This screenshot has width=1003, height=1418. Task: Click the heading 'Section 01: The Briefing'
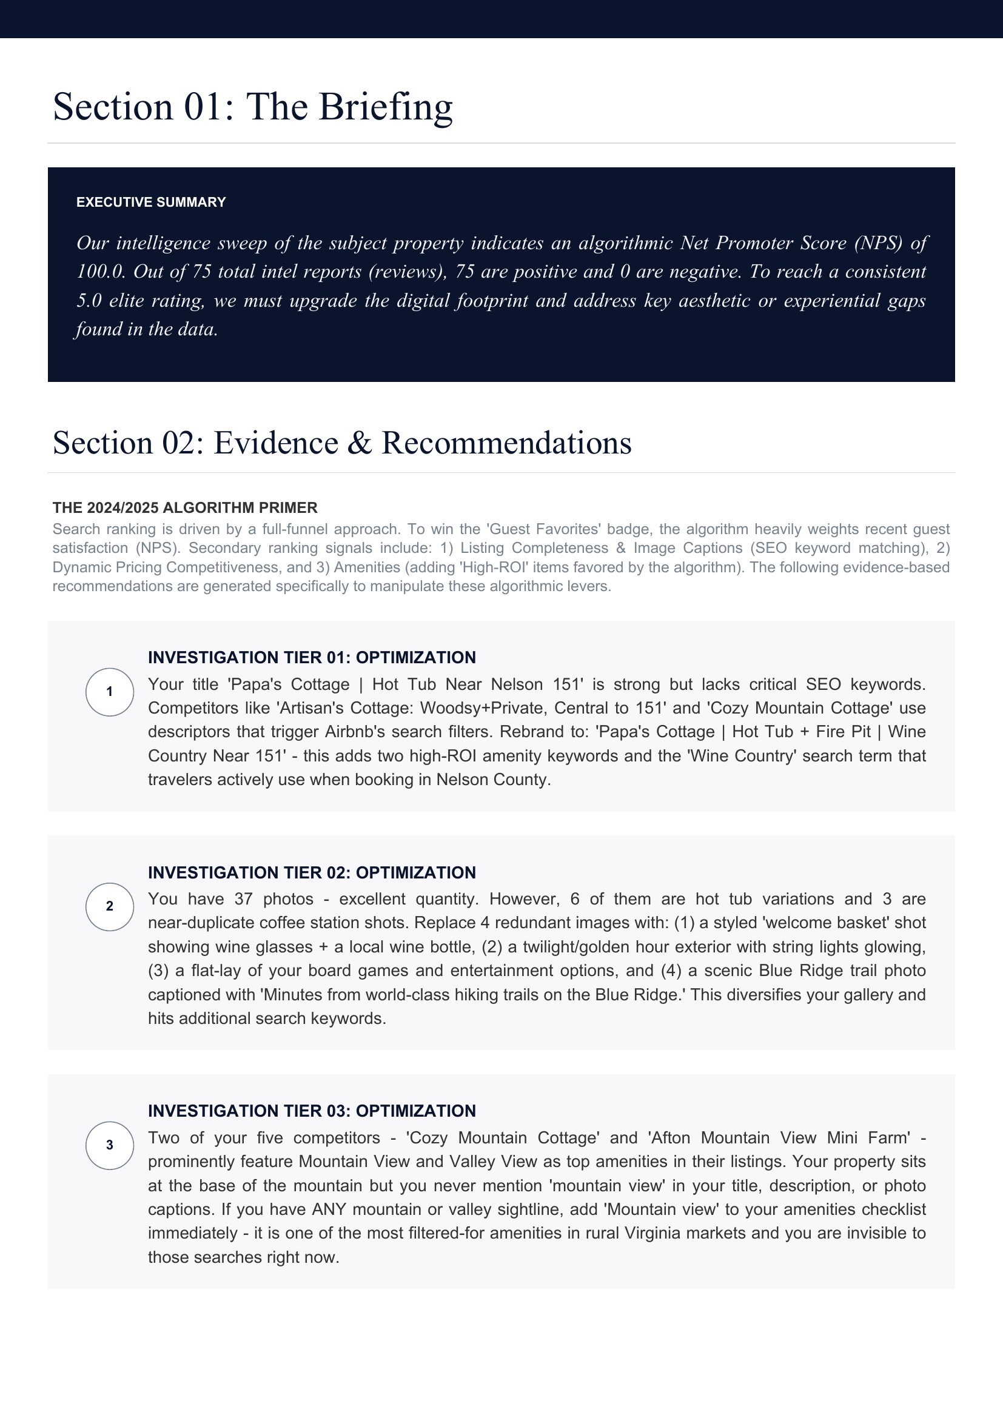pos(253,107)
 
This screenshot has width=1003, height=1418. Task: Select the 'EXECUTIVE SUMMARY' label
pos(151,202)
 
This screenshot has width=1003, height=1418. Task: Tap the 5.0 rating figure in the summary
pos(89,301)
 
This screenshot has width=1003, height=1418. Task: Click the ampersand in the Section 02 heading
pos(360,443)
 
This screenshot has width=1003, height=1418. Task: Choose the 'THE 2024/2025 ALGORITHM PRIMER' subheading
pos(185,507)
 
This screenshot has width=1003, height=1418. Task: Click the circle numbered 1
pos(109,692)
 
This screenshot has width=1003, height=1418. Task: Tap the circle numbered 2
pos(109,906)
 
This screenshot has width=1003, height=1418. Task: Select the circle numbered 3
pos(109,1145)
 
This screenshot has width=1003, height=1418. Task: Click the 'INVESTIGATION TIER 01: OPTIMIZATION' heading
pos(311,657)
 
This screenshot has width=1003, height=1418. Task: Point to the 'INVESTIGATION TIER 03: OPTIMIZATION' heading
pos(311,1111)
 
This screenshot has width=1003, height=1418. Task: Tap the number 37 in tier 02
pos(244,899)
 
